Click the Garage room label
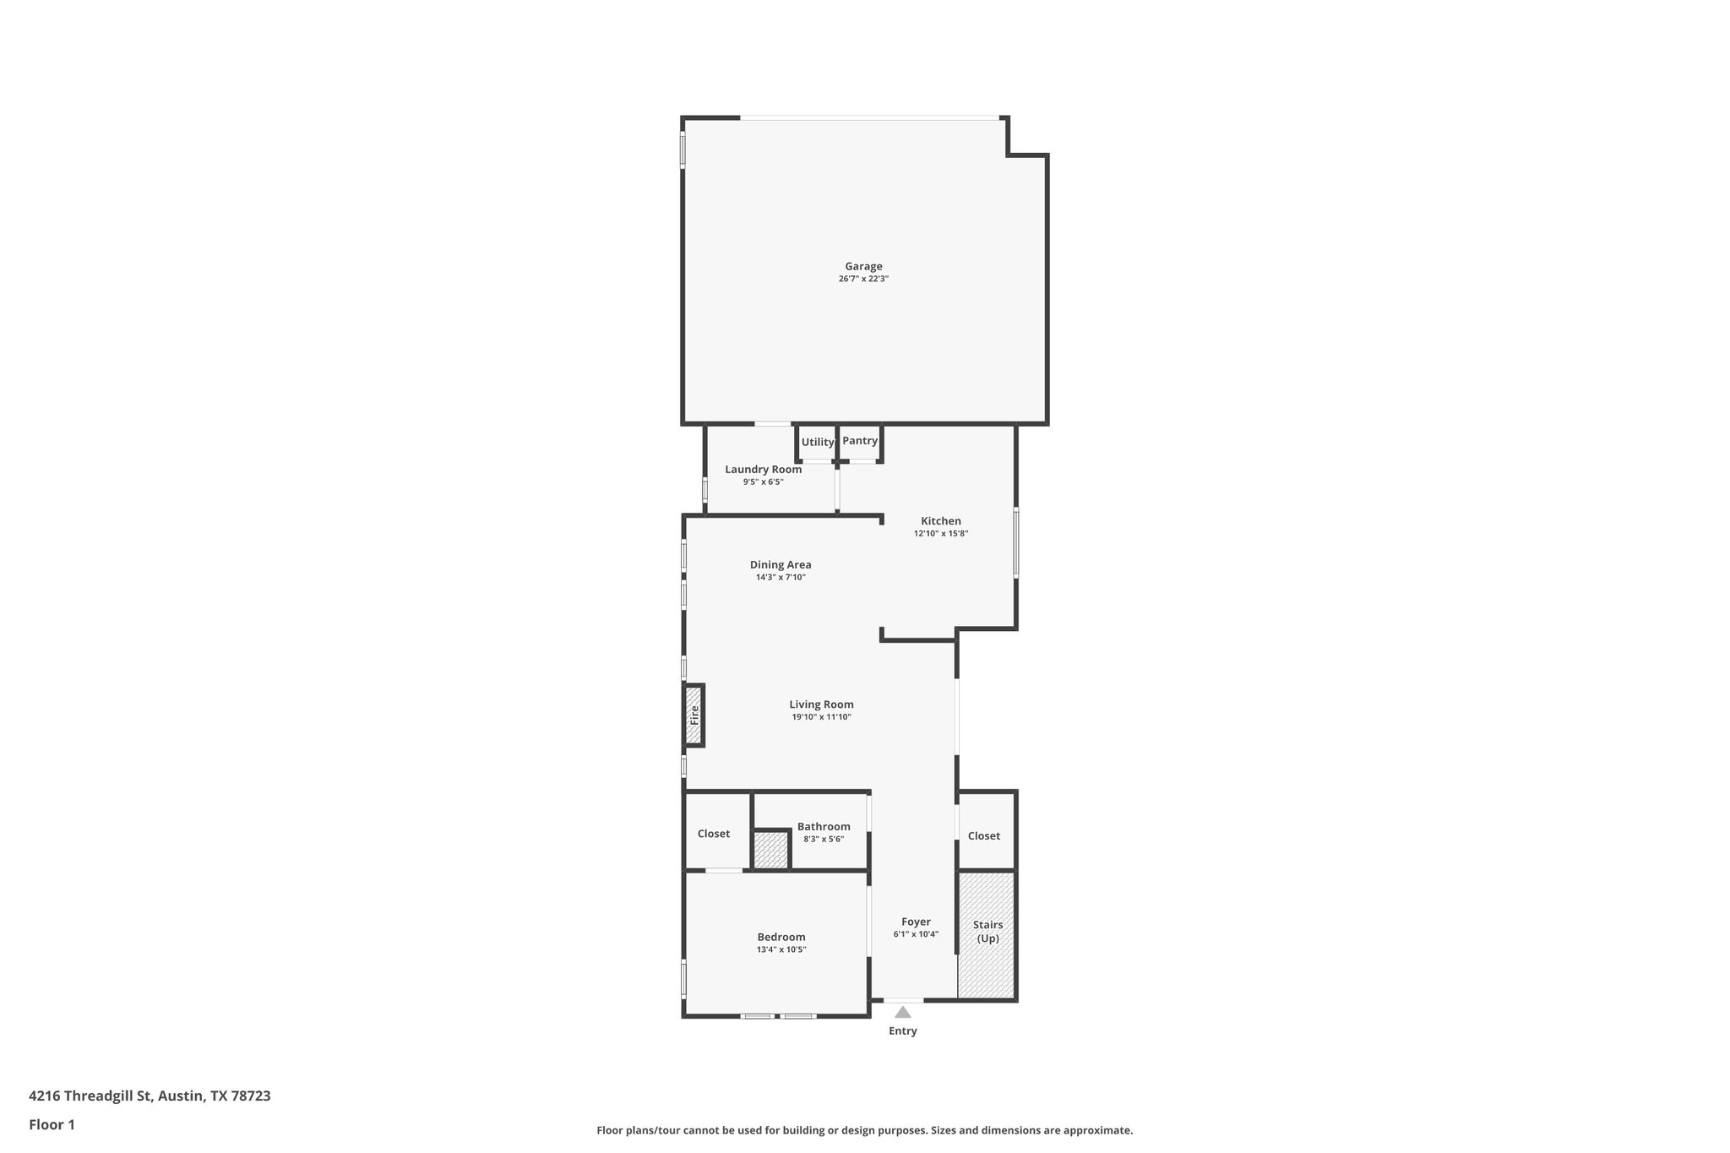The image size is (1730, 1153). pos(863,267)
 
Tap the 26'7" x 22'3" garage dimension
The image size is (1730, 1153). pos(863,279)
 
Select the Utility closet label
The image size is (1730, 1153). pos(817,442)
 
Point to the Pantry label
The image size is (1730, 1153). pos(860,441)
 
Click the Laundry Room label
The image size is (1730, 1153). pos(763,470)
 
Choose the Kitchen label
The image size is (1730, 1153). pos(940,521)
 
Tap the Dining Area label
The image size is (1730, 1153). pos(781,565)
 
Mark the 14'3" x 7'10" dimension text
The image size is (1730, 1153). pos(781,578)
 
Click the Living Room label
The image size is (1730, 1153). pos(821,704)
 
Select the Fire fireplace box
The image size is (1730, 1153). pos(694,715)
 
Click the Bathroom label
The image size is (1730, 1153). pos(824,827)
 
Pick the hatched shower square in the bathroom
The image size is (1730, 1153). pos(770,850)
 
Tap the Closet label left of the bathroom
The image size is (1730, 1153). pos(713,834)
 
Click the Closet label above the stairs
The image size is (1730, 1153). pos(983,836)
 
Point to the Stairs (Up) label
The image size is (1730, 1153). pos(987,932)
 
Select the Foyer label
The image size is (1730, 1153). pos(916,922)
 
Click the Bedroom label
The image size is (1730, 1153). pos(781,937)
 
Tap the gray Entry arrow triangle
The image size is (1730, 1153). pos(903,1012)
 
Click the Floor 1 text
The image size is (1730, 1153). pos(52,1124)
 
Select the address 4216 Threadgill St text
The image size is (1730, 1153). pos(150,1096)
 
